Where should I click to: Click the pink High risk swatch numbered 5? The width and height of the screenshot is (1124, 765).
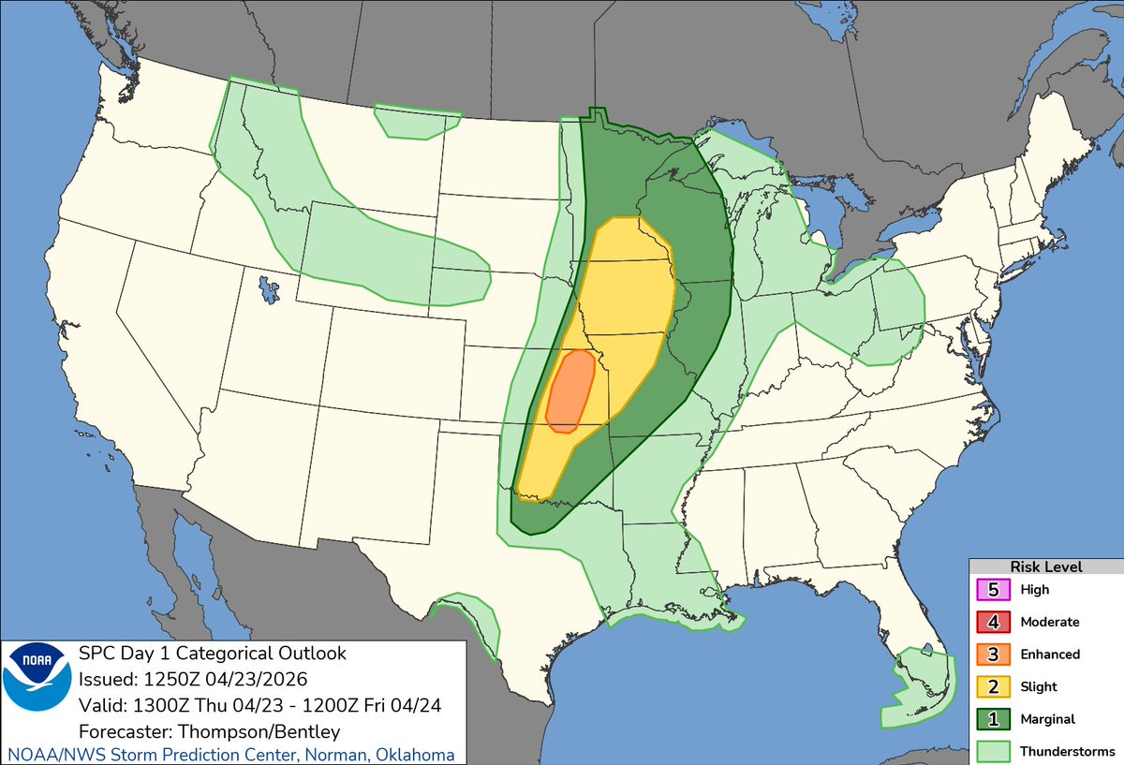tap(992, 590)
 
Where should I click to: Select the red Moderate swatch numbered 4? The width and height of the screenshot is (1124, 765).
tap(992, 622)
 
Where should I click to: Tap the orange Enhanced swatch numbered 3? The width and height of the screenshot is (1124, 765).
tap(992, 655)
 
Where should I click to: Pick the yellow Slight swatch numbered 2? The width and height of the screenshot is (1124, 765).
tap(992, 686)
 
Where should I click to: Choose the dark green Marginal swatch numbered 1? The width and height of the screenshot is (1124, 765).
tap(992, 719)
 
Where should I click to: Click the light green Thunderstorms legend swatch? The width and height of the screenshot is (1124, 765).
tap(992, 751)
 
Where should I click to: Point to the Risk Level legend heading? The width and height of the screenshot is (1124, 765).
tap(1045, 566)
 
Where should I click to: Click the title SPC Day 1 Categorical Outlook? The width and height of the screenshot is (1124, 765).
tap(213, 653)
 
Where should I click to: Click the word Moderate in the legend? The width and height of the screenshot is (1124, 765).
tap(1050, 622)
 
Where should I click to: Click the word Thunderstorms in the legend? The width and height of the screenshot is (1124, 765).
tap(1067, 751)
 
